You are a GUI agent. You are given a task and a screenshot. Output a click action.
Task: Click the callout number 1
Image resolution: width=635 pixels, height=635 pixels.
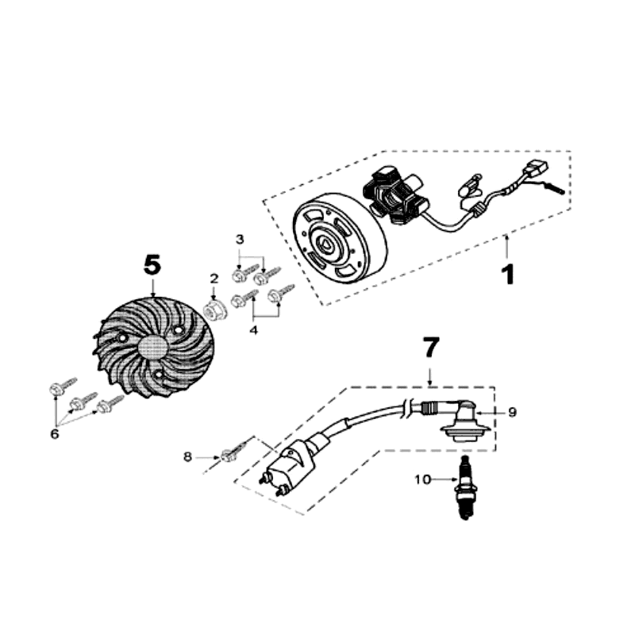[506, 274]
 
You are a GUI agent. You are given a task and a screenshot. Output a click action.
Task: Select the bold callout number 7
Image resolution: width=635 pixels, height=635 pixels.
[429, 347]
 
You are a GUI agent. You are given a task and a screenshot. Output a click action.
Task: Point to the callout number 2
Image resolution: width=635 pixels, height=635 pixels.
[214, 278]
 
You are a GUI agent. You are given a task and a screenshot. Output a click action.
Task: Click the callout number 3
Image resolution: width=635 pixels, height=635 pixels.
[240, 239]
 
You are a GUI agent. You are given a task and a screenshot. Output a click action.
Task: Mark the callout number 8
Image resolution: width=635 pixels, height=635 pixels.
[187, 456]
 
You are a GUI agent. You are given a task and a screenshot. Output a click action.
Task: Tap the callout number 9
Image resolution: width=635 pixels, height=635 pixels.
[513, 412]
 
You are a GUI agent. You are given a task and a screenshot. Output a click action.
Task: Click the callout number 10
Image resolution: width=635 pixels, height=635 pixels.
[422, 479]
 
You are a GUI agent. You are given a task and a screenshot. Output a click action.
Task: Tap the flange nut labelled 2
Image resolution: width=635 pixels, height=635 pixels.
[213, 308]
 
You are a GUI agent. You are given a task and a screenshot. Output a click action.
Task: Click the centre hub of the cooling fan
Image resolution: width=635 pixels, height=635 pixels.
[153, 346]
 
